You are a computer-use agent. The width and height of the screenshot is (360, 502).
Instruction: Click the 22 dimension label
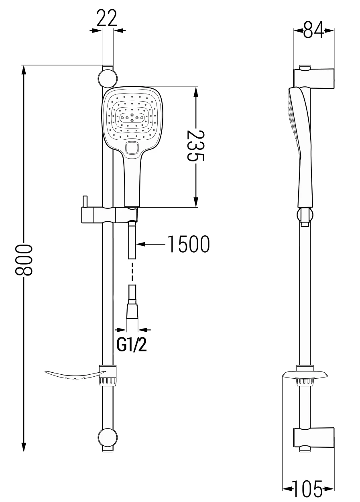tap(107, 18)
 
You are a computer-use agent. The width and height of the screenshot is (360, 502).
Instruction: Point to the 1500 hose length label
tap(188, 244)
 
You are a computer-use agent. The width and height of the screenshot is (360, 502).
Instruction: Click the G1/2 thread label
tap(131, 344)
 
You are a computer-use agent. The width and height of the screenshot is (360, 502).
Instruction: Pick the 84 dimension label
tap(313, 31)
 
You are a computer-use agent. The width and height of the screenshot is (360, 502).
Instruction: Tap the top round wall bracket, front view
tap(108, 78)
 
